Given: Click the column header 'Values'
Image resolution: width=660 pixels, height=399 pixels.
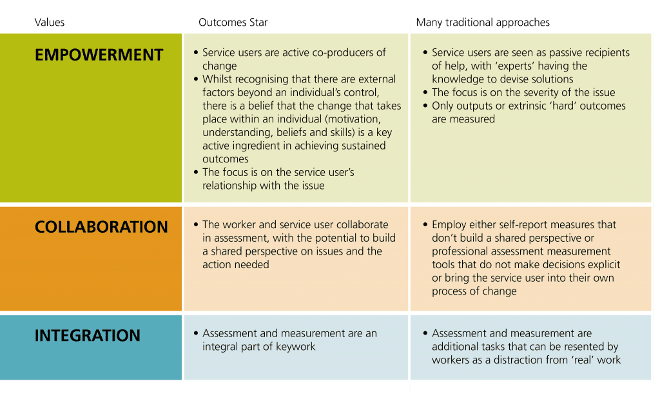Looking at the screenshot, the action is point(50,23).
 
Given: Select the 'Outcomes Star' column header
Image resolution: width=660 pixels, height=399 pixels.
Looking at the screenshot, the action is point(233,23).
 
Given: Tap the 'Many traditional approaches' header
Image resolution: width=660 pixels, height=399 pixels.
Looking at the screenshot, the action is point(483,23).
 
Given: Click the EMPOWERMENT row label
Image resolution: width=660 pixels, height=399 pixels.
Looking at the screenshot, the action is point(99,55).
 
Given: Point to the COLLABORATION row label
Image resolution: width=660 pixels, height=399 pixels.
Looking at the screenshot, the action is point(101,228).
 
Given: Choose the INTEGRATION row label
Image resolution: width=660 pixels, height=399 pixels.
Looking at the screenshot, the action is point(87,336).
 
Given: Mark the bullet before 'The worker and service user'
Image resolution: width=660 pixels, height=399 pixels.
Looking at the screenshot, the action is point(196,225).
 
